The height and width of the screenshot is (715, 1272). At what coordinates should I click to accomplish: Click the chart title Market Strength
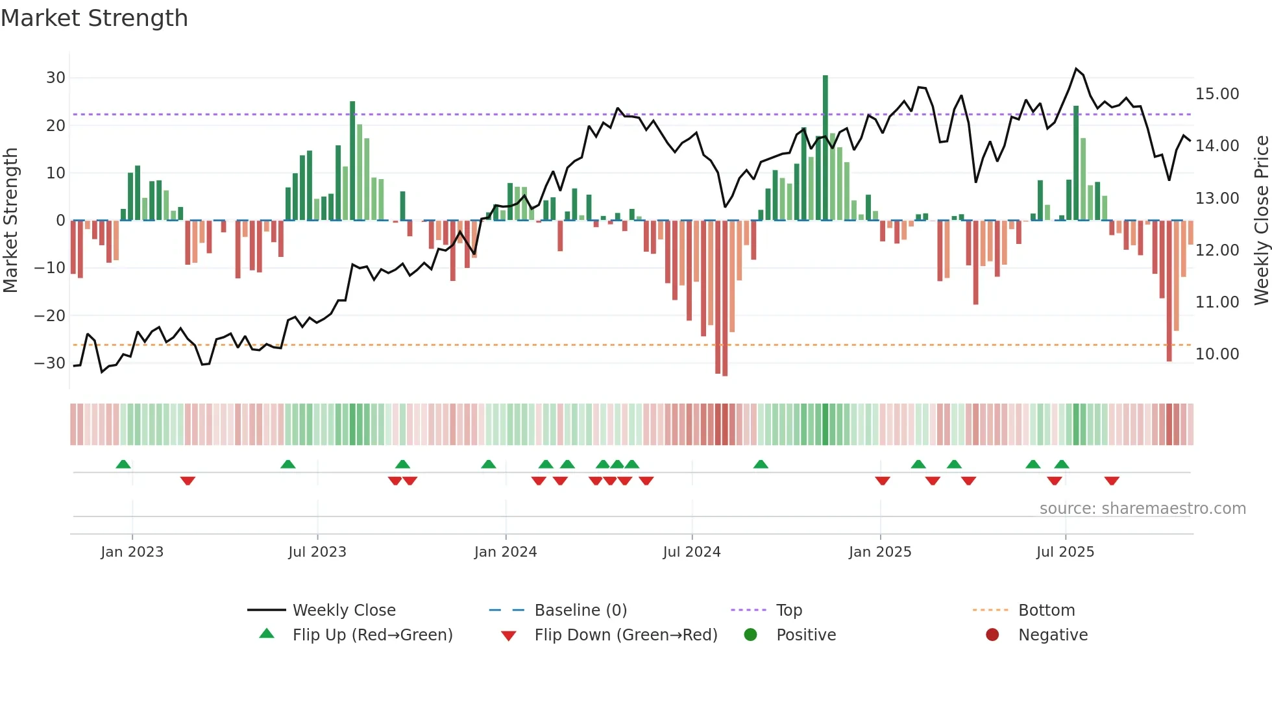(x=94, y=18)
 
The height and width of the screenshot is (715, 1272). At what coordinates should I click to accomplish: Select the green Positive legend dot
(x=751, y=635)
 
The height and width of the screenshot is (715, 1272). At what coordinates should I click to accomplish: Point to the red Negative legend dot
(x=992, y=635)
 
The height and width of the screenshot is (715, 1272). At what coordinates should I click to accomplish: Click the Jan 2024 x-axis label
(x=506, y=552)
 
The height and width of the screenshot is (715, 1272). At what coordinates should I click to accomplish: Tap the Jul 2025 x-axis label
(x=1065, y=552)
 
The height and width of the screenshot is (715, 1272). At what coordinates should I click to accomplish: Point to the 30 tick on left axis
(x=56, y=78)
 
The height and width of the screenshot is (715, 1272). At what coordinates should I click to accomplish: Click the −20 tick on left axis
(x=51, y=316)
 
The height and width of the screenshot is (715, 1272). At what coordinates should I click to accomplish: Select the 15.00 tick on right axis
(x=1217, y=94)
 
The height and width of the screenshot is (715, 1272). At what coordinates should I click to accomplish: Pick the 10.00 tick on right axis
(x=1217, y=354)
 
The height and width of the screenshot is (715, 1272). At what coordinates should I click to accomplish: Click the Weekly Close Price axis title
(x=1261, y=221)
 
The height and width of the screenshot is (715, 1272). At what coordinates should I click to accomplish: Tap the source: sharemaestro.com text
(x=1142, y=509)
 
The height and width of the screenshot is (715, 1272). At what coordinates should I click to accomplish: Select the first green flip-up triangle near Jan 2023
(x=123, y=464)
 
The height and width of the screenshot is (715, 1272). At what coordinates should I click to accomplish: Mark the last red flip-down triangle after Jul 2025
(x=1112, y=481)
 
